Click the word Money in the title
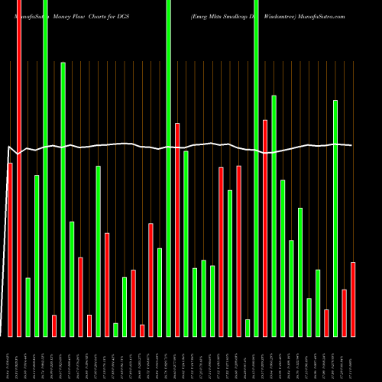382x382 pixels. [x=64, y=15]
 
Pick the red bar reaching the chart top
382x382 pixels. [x=19, y=168]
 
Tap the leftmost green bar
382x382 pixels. [x=28, y=306]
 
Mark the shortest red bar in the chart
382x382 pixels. [x=142, y=330]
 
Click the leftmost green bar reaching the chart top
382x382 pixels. [x=45, y=168]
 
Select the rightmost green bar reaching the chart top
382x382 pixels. [x=256, y=168]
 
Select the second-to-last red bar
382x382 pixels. [x=344, y=312]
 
